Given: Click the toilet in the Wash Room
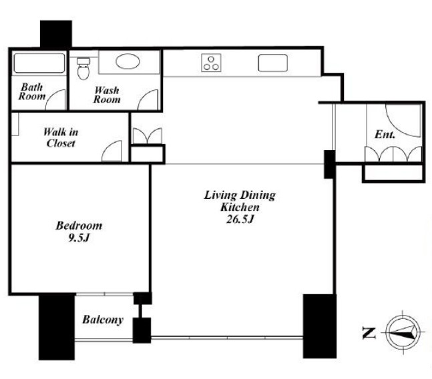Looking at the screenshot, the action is [x=83, y=68].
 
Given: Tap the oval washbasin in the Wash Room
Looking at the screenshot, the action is [x=128, y=61].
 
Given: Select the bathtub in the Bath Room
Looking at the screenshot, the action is [x=39, y=63].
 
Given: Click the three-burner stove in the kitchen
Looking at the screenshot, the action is [x=211, y=63].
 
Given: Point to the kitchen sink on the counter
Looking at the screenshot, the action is [x=273, y=63].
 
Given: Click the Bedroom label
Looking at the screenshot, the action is [x=79, y=226].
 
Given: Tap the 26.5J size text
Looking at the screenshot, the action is [x=240, y=220].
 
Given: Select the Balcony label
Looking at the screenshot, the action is [x=103, y=320].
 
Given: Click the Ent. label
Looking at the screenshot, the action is [x=385, y=135].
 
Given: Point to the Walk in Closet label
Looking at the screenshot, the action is [x=61, y=137].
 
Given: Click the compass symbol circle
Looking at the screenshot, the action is [x=403, y=332].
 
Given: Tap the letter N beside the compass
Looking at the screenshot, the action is [x=369, y=333].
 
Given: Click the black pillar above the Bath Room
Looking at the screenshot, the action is [x=56, y=34].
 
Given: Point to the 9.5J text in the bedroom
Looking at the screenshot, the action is [x=79, y=238].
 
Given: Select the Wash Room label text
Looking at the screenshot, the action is [x=107, y=95].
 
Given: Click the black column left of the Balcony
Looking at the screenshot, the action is [x=57, y=327].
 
